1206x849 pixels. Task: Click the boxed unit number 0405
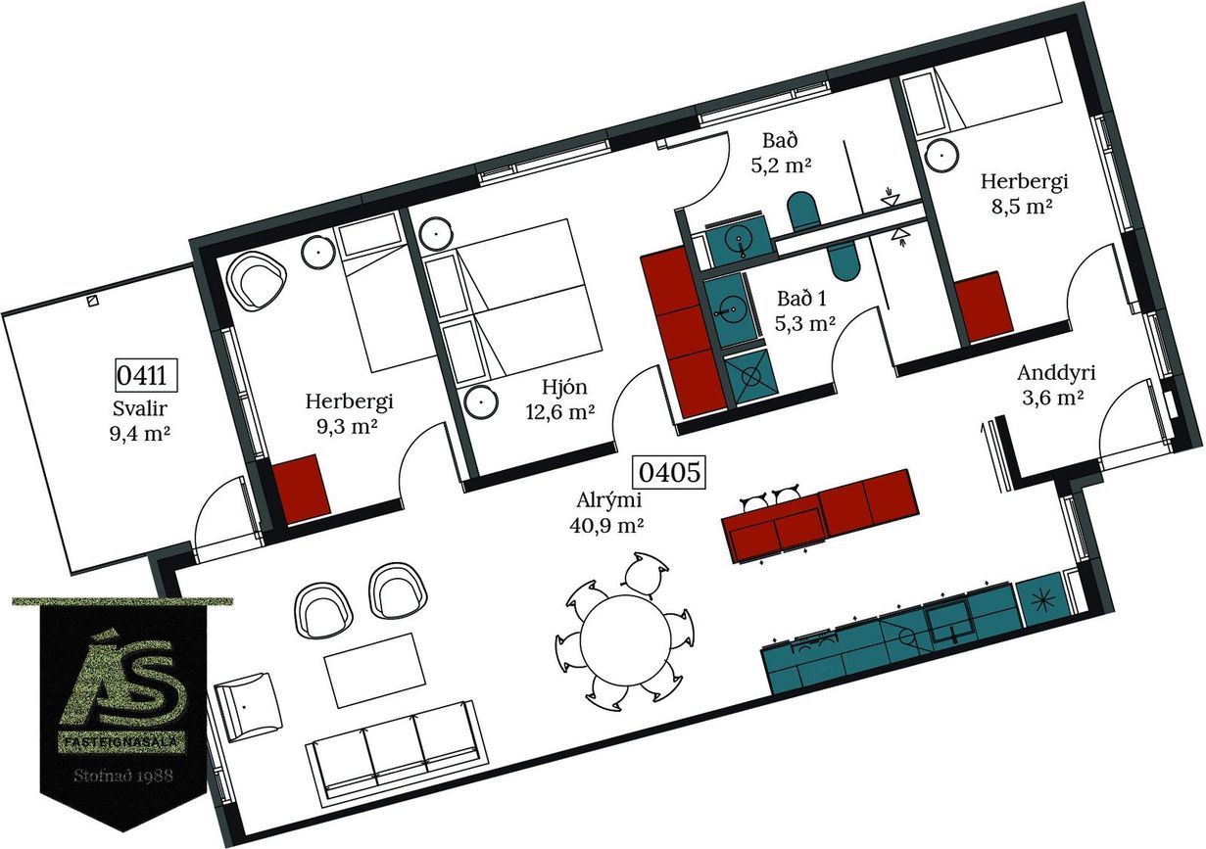pyautogui.click(x=669, y=473)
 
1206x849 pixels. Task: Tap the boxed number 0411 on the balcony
pyautogui.click(x=146, y=375)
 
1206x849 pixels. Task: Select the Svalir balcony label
pyautogui.click(x=140, y=408)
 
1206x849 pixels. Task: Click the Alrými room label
pyautogui.click(x=609, y=500)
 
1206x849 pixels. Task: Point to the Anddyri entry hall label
pyautogui.click(x=1056, y=373)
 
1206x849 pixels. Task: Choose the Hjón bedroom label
pyautogui.click(x=564, y=388)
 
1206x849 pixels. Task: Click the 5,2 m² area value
pyautogui.click(x=781, y=165)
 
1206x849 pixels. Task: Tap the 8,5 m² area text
pyautogui.click(x=1023, y=208)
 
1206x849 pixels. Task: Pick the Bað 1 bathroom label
pyautogui.click(x=801, y=299)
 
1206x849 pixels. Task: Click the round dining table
pyautogui.click(x=624, y=639)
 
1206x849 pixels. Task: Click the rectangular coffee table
pyautogui.click(x=375, y=670)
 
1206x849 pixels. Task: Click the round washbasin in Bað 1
pyautogui.click(x=731, y=310)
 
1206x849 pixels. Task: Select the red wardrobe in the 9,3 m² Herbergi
pyautogui.click(x=301, y=489)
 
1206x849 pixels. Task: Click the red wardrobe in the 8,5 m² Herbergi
pyautogui.click(x=985, y=307)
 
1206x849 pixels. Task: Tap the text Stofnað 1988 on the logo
pyautogui.click(x=123, y=776)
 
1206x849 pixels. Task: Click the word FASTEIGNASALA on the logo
pyautogui.click(x=121, y=742)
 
